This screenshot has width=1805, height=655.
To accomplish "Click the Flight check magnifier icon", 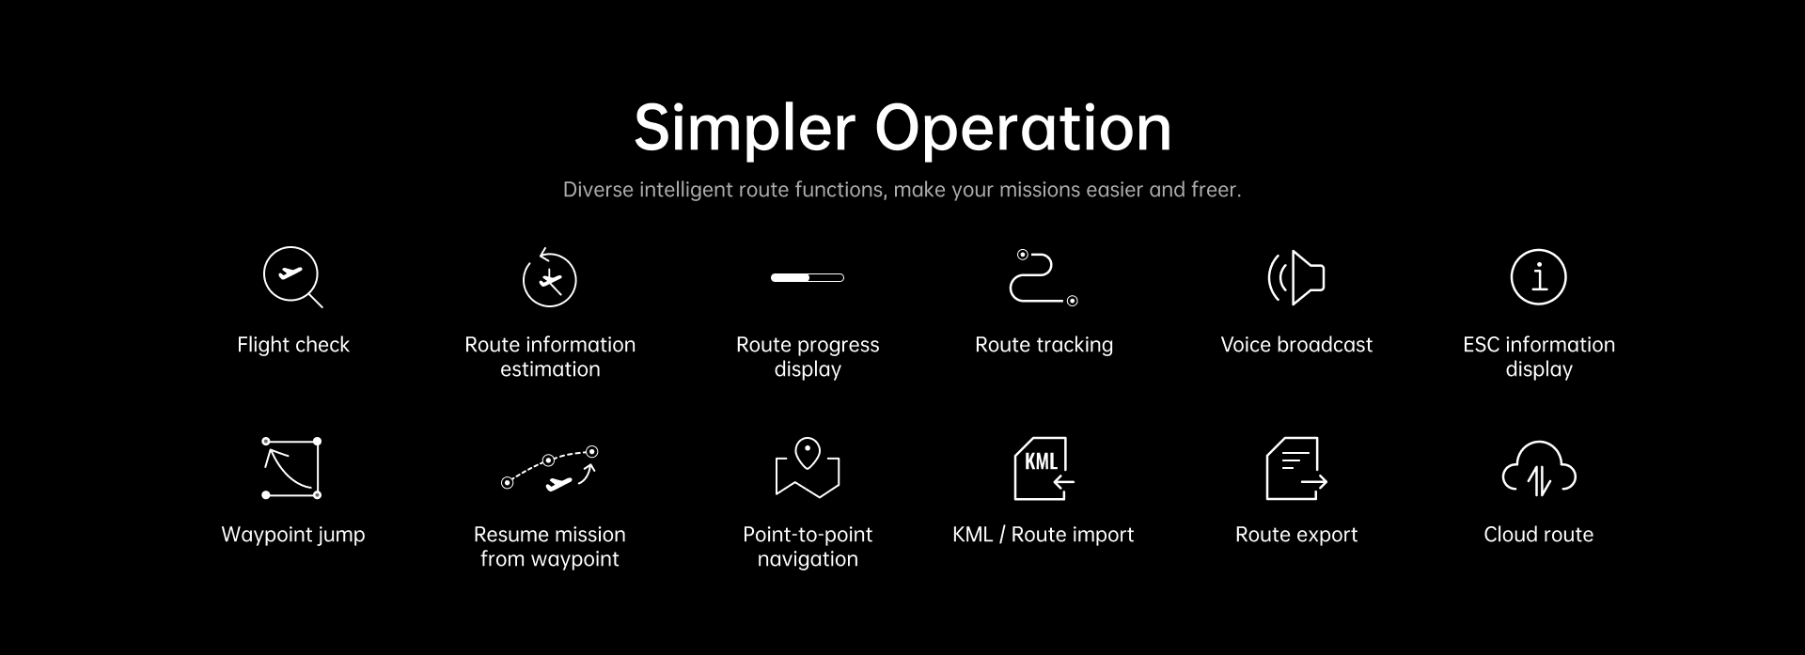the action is (x=290, y=274).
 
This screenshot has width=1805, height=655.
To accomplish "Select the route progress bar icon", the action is (x=808, y=277).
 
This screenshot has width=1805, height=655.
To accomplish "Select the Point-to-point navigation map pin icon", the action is (x=808, y=467).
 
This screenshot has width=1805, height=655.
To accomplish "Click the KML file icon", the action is (x=1044, y=468).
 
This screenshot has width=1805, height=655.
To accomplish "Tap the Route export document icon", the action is (x=1296, y=468).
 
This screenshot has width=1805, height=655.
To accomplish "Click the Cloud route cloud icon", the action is (x=1539, y=468).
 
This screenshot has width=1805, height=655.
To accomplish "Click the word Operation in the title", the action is (x=1024, y=129).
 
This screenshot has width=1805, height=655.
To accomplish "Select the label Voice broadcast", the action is (x=1296, y=345).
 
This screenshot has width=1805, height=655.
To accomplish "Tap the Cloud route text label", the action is (x=1539, y=535).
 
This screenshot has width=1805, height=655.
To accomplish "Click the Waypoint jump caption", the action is (x=293, y=535).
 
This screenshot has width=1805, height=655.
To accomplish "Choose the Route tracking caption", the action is (x=1044, y=345).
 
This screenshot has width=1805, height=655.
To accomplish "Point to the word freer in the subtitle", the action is (x=1216, y=190).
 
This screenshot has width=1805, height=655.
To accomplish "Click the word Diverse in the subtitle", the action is (x=598, y=190).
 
